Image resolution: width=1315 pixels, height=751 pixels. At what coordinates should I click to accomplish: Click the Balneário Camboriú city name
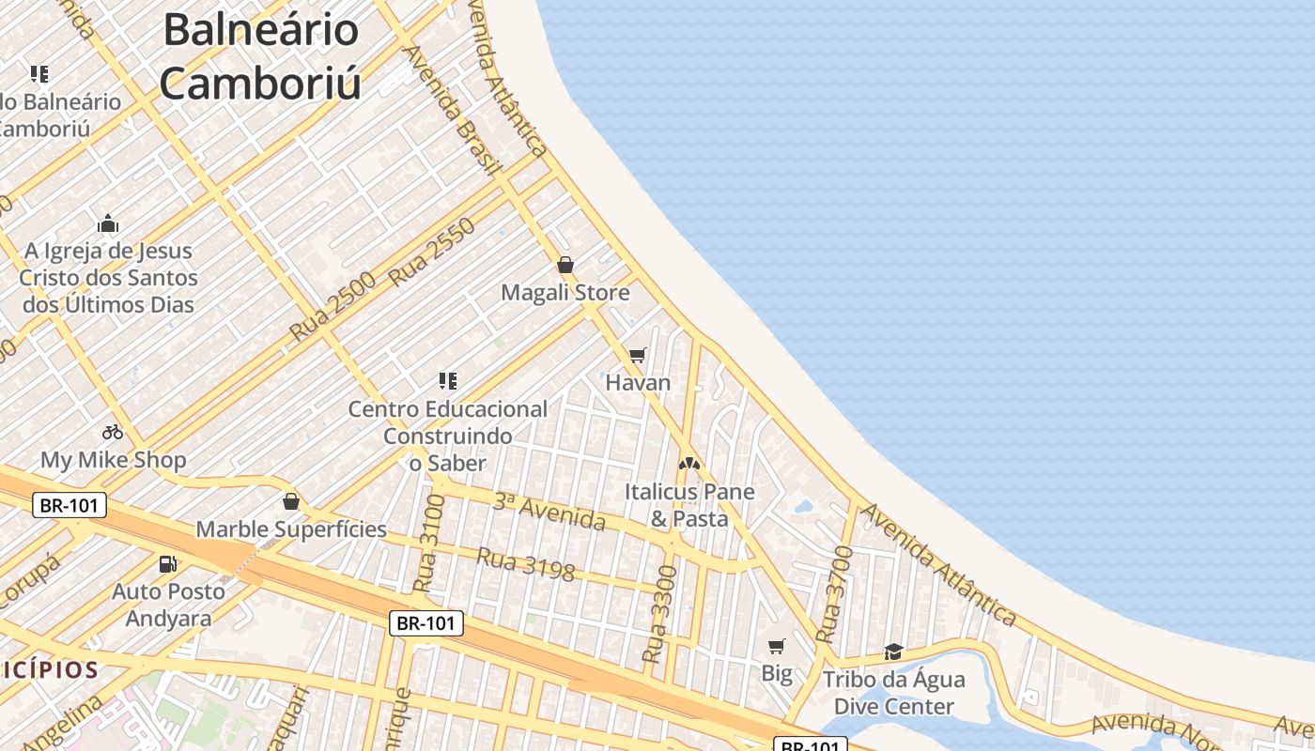point(259,56)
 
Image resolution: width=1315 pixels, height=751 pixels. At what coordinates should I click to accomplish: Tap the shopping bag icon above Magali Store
point(565,265)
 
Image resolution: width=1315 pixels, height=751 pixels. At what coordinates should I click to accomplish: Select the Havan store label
point(638,382)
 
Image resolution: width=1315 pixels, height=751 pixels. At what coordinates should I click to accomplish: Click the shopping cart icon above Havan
point(638,355)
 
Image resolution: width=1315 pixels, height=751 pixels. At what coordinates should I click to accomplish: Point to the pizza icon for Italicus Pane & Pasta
point(689,464)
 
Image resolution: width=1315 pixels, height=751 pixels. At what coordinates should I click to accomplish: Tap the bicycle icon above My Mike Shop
point(113,432)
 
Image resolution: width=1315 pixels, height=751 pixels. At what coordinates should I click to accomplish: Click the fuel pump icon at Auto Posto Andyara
point(168,563)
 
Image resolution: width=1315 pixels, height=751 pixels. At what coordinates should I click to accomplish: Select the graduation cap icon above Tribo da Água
point(893,651)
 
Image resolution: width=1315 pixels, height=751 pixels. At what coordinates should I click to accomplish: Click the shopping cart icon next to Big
point(776,646)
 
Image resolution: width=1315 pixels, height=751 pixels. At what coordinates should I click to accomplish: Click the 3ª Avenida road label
point(549,511)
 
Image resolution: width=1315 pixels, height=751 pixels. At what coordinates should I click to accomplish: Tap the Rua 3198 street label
point(525,564)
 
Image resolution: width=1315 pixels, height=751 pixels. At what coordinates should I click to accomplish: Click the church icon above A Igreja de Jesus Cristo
point(108,223)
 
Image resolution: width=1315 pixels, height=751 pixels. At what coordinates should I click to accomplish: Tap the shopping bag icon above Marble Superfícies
point(291,501)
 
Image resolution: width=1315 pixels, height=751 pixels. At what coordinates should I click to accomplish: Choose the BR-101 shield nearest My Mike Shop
point(70,506)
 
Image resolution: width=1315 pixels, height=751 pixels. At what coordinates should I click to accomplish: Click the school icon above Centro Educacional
point(448,380)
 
